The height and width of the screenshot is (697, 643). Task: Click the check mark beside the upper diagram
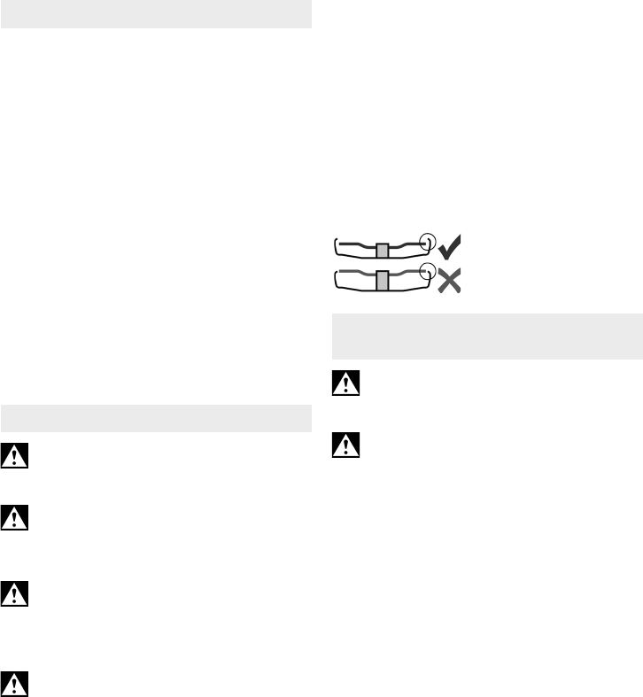(451, 246)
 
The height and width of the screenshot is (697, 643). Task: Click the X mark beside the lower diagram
(450, 282)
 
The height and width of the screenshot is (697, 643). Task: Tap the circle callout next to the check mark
(428, 240)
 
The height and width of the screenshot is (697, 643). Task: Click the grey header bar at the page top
(157, 14)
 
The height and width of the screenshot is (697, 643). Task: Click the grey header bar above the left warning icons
(157, 418)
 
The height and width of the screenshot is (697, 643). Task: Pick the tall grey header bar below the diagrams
(486, 337)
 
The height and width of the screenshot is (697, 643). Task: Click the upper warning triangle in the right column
(346, 382)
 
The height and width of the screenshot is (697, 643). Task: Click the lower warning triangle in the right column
(346, 445)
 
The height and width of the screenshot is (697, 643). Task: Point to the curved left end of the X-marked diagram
(337, 281)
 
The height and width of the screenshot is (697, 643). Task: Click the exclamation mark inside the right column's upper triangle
(346, 383)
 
